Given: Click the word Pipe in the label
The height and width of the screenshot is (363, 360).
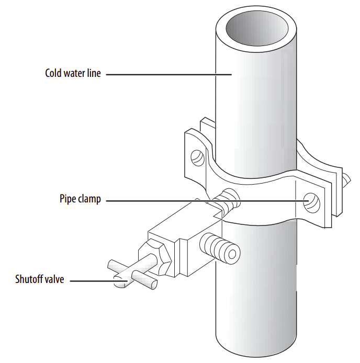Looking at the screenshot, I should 67,199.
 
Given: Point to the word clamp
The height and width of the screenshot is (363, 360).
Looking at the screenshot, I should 89,199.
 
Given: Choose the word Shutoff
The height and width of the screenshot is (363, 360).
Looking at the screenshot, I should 31,279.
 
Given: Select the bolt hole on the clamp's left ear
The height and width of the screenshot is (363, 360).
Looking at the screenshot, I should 197,157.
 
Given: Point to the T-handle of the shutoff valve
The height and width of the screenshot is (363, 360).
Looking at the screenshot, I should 133,275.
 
